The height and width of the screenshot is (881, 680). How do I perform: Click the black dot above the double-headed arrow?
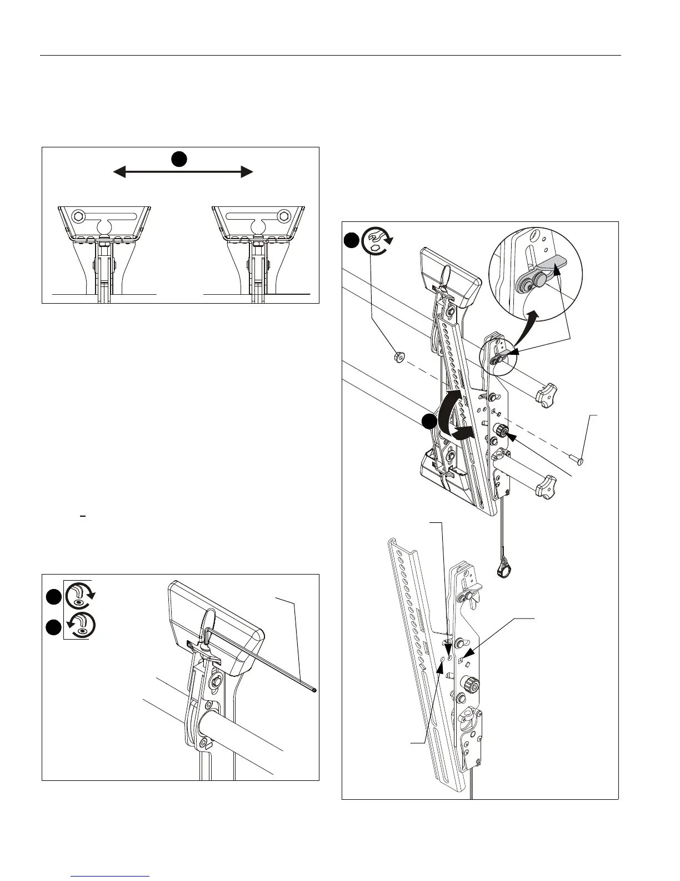pyautogui.click(x=178, y=159)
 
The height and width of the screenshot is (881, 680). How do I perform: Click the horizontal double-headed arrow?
pyautogui.click(x=183, y=172)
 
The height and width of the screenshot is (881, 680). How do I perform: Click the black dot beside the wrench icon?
pyautogui.click(x=351, y=240)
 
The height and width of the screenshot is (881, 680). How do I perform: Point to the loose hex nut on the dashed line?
pyautogui.click(x=398, y=356)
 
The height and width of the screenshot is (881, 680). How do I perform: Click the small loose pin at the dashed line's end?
pyautogui.click(x=581, y=460)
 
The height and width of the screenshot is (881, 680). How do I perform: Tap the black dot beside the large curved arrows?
pyautogui.click(x=427, y=421)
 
